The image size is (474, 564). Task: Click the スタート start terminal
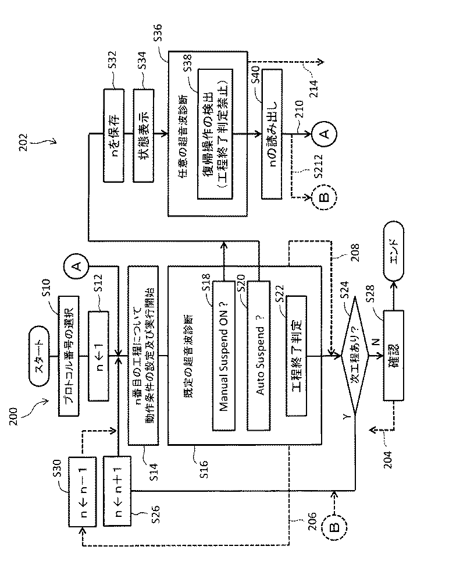click(x=39, y=356)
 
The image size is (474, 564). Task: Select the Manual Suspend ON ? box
click(x=223, y=356)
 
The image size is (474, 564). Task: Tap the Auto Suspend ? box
click(x=258, y=356)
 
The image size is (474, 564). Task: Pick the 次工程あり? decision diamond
click(x=355, y=356)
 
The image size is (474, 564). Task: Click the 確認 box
click(x=393, y=356)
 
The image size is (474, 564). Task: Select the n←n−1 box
click(x=82, y=492)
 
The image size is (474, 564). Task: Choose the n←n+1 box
click(x=117, y=491)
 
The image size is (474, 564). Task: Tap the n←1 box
click(x=98, y=356)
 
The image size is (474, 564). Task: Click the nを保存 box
click(x=114, y=135)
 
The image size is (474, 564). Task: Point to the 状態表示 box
click(x=144, y=135)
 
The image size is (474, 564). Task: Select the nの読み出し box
click(x=272, y=134)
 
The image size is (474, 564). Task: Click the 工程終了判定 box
click(x=296, y=356)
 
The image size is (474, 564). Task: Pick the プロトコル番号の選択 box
click(x=69, y=356)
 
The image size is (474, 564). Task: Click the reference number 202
click(x=23, y=143)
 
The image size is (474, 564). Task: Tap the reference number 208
click(x=354, y=252)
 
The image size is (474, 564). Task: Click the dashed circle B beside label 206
click(x=334, y=527)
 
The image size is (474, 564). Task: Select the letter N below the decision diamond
click(x=376, y=342)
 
